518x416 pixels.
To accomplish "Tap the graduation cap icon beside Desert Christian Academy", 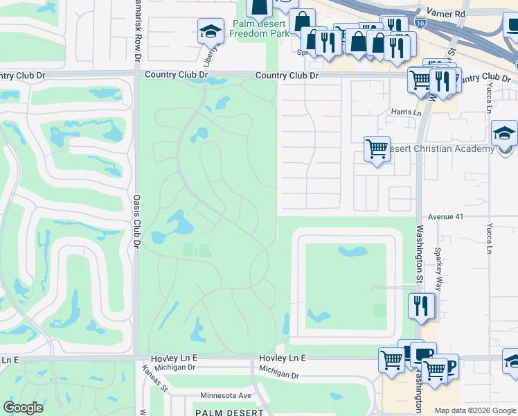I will (x=504, y=134).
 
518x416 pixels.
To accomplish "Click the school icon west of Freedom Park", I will (x=211, y=31).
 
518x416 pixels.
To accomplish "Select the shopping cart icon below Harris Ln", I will (x=377, y=148).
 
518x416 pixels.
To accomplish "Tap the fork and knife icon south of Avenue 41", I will (x=420, y=305).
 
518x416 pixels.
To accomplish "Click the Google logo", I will (x=24, y=407).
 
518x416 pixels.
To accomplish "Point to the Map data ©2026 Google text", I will (x=474, y=410).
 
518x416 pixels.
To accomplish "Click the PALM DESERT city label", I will (x=229, y=412).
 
